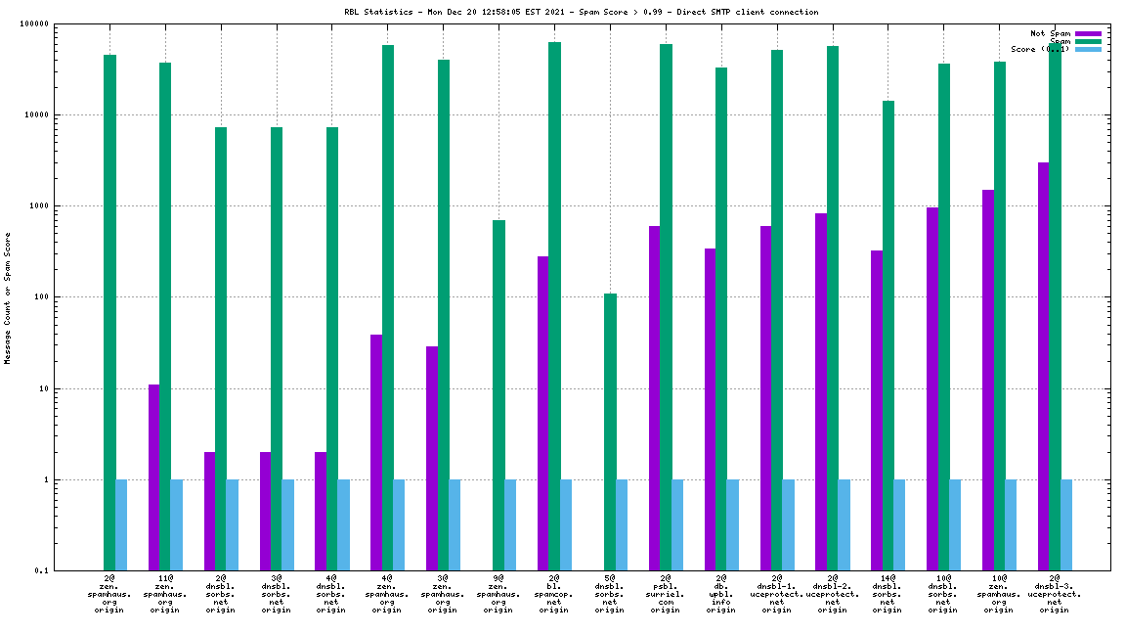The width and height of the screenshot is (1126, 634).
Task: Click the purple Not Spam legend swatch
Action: click(x=1088, y=33)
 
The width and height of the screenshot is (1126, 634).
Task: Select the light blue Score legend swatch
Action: click(x=1088, y=49)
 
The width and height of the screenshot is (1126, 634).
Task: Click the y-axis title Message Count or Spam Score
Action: click(x=8, y=297)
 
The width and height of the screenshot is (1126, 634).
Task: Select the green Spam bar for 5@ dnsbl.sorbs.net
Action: click(x=610, y=431)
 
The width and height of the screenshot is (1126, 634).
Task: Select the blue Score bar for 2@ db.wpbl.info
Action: click(x=732, y=525)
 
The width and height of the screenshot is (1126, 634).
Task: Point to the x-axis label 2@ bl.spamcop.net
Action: click(x=554, y=595)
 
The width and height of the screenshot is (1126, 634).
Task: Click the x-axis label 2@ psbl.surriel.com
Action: click(x=666, y=595)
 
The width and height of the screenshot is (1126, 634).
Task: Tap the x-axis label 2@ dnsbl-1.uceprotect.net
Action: click(x=777, y=595)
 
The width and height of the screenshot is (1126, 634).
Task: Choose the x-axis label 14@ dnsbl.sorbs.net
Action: click(x=888, y=595)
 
